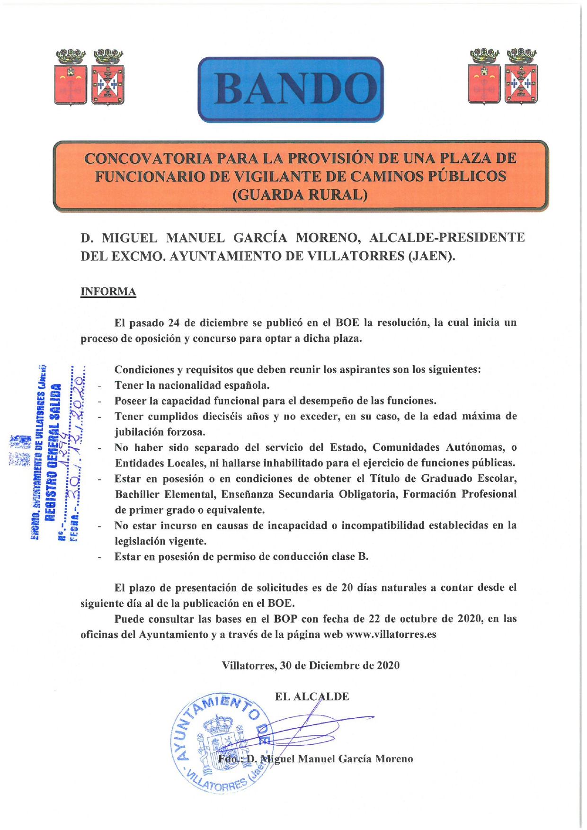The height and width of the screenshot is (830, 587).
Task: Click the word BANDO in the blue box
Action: (290, 89)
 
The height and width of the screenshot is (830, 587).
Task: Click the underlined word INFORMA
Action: (108, 292)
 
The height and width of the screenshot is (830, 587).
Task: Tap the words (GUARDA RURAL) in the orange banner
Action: (300, 195)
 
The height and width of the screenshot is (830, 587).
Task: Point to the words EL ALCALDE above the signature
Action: (312, 696)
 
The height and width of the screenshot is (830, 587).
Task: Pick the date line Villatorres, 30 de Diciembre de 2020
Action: (311, 665)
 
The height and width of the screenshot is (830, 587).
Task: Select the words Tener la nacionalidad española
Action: (192, 385)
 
